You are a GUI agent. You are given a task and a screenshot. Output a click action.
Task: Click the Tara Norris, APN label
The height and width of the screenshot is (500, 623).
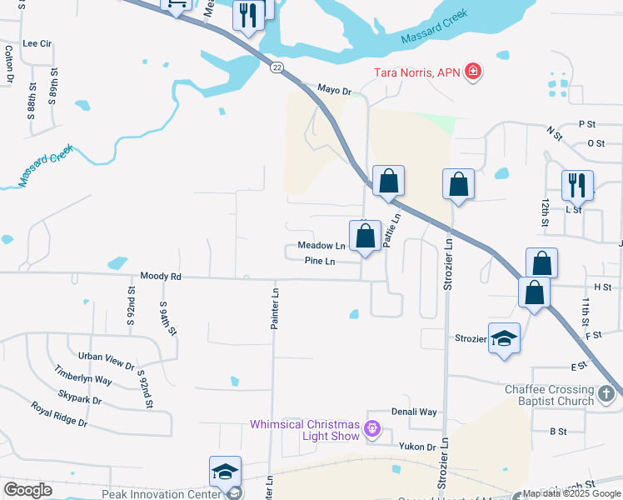click(x=414, y=72)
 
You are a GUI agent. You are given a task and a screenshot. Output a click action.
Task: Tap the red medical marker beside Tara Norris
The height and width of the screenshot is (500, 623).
click(x=473, y=72)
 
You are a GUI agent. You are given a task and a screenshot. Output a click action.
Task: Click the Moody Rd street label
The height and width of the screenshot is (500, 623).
click(x=161, y=275)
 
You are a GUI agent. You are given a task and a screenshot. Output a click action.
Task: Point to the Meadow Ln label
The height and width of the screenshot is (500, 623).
click(x=321, y=247)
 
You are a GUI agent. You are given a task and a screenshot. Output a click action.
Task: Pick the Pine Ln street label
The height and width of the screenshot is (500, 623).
click(x=320, y=262)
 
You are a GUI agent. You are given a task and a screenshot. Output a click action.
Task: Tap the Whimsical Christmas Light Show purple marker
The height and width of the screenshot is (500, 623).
click(x=371, y=430)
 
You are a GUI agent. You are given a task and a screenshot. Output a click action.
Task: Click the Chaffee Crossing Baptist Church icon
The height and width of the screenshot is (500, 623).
click(x=607, y=390)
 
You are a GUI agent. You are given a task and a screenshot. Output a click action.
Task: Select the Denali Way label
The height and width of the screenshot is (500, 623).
click(x=415, y=412)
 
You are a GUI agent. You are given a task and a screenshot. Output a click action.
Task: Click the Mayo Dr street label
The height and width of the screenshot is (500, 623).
click(x=335, y=88)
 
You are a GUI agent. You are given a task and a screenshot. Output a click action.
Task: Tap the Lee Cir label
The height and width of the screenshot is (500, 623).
click(x=37, y=43)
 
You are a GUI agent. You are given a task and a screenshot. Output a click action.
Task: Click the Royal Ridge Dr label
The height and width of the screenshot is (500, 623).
click(x=59, y=413)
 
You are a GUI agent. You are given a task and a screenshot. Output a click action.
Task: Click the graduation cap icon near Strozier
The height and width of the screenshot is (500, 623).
click(x=504, y=338)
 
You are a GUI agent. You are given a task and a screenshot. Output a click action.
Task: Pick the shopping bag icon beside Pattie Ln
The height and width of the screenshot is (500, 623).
click(x=365, y=237)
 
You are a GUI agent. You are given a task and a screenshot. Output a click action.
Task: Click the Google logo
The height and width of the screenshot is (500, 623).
click(x=27, y=490)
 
